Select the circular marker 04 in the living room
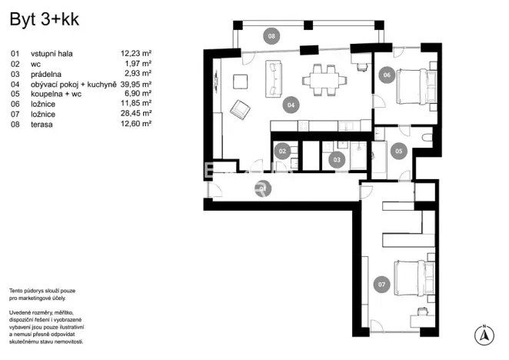[x=290, y=105]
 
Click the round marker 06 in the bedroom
[x=386, y=75]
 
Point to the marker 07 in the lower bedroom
[x=381, y=284]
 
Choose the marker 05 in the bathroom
[x=398, y=152]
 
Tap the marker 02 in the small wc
[x=282, y=152]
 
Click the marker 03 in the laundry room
[x=336, y=160]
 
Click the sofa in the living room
[x=273, y=80]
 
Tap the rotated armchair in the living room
[x=242, y=110]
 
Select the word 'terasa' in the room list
[x=42, y=124]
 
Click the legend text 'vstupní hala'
[x=52, y=54]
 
